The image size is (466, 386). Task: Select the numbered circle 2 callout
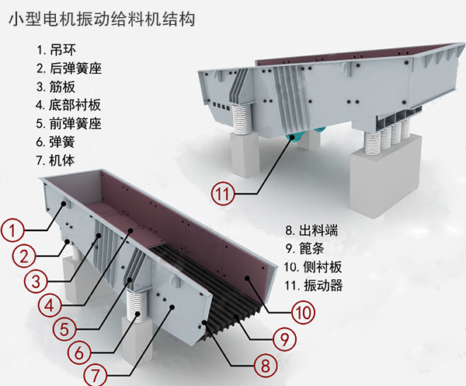pos(24,255)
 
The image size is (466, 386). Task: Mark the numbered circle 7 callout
pos(95,374)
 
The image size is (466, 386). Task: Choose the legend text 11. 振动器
pos(314,286)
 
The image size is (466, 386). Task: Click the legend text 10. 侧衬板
pos(314,267)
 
